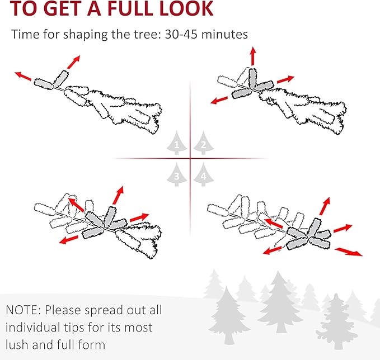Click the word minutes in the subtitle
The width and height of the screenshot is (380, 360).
[224, 34]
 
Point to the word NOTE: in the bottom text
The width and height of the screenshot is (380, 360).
[24, 310]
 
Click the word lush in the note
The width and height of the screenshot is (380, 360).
[17, 344]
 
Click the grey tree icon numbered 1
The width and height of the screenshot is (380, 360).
[177, 143]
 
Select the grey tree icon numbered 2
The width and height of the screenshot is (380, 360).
[204, 143]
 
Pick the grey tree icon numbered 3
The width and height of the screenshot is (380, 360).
[177, 174]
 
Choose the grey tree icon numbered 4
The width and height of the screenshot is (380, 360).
[204, 174]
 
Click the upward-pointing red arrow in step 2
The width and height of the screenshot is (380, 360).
[253, 56]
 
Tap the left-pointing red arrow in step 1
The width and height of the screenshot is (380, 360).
[23, 76]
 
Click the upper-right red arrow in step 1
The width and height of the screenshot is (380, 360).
[74, 62]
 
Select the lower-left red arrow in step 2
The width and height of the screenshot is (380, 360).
[219, 100]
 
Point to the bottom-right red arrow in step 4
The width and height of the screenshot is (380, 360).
[349, 252]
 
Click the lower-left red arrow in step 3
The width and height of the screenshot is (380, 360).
[69, 240]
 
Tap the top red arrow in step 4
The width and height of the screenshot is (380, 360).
[325, 206]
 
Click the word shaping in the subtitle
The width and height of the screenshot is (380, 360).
[85, 35]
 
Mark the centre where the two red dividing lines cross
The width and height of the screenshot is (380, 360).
[190, 159]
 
